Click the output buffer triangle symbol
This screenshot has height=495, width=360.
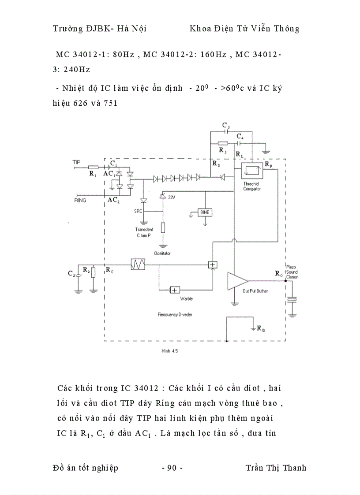(x=237, y=281)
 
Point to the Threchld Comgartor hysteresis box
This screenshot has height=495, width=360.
(x=251, y=170)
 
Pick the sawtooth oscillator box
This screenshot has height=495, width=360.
(x=138, y=264)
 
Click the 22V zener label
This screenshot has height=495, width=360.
(x=172, y=197)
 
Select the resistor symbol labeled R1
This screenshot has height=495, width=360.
(x=93, y=167)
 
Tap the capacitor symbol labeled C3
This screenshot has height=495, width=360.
(x=226, y=131)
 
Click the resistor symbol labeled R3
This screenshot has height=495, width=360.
(x=223, y=143)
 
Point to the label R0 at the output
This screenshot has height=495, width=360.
(x=278, y=274)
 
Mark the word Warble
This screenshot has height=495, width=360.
(x=187, y=298)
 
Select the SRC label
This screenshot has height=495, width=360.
(x=139, y=211)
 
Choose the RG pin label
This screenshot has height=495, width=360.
(x=261, y=329)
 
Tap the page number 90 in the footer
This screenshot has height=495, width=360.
(x=172, y=468)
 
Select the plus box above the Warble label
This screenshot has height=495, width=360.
(x=175, y=290)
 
